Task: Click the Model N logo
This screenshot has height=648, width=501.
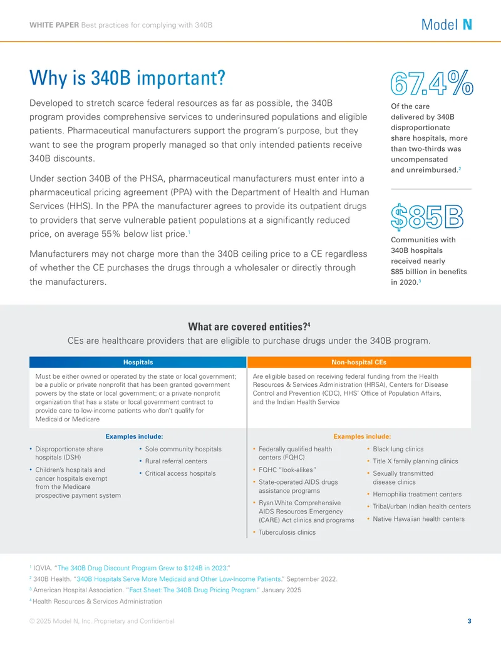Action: pyautogui.click(x=447, y=25)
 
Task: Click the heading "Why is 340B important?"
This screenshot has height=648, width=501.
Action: pyautogui.click(x=127, y=78)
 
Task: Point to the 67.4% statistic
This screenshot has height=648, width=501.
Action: pyautogui.click(x=431, y=83)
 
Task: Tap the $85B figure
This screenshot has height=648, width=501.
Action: pyautogui.click(x=427, y=217)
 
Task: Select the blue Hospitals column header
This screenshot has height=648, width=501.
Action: pyautogui.click(x=138, y=362)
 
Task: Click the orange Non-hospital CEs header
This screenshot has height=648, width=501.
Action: pyautogui.click(x=359, y=362)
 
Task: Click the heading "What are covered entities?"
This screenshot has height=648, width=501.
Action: pyautogui.click(x=249, y=326)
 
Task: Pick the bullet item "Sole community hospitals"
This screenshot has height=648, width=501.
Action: pyautogui.click(x=183, y=449)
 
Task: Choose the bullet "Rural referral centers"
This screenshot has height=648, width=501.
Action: pyautogui.click(x=176, y=461)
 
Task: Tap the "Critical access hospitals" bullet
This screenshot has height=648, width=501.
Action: pyautogui.click(x=180, y=473)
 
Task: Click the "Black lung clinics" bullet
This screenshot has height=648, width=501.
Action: pyautogui.click(x=398, y=449)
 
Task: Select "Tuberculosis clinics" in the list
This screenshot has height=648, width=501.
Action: pyautogui.click(x=287, y=532)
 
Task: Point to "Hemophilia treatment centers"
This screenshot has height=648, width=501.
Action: pyautogui.click(x=417, y=494)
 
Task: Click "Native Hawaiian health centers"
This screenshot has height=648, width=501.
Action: pyautogui.click(x=418, y=518)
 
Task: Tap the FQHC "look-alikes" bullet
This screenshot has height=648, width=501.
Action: pyautogui.click(x=287, y=470)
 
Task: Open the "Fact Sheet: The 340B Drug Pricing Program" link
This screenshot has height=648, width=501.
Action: pyautogui.click(x=194, y=590)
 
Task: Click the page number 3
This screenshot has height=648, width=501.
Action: pyautogui.click(x=469, y=620)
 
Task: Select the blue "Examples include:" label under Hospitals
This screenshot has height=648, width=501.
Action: pyautogui.click(x=135, y=436)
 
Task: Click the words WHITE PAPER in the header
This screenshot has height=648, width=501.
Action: pyautogui.click(x=54, y=25)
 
